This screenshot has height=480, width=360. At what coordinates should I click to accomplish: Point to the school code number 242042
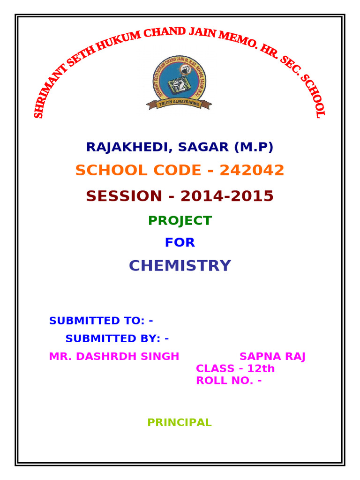[x=252, y=170]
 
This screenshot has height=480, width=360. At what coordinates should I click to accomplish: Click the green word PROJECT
[x=180, y=221]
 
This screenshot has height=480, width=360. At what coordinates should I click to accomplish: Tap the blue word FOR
[x=180, y=243]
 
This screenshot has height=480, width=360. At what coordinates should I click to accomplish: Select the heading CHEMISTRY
[x=180, y=266]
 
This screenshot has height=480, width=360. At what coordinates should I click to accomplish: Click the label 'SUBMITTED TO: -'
[x=101, y=321]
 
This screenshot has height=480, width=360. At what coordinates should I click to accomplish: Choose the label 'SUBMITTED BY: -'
[x=117, y=338]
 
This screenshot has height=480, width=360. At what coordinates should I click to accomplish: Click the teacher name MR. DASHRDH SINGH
[x=114, y=357]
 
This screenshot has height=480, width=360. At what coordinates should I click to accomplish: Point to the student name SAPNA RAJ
[x=272, y=357]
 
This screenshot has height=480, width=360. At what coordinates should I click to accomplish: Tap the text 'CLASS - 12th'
[x=235, y=369]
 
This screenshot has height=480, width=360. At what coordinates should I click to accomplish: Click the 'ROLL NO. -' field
[x=228, y=381]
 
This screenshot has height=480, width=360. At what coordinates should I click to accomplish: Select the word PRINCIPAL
[x=180, y=423]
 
